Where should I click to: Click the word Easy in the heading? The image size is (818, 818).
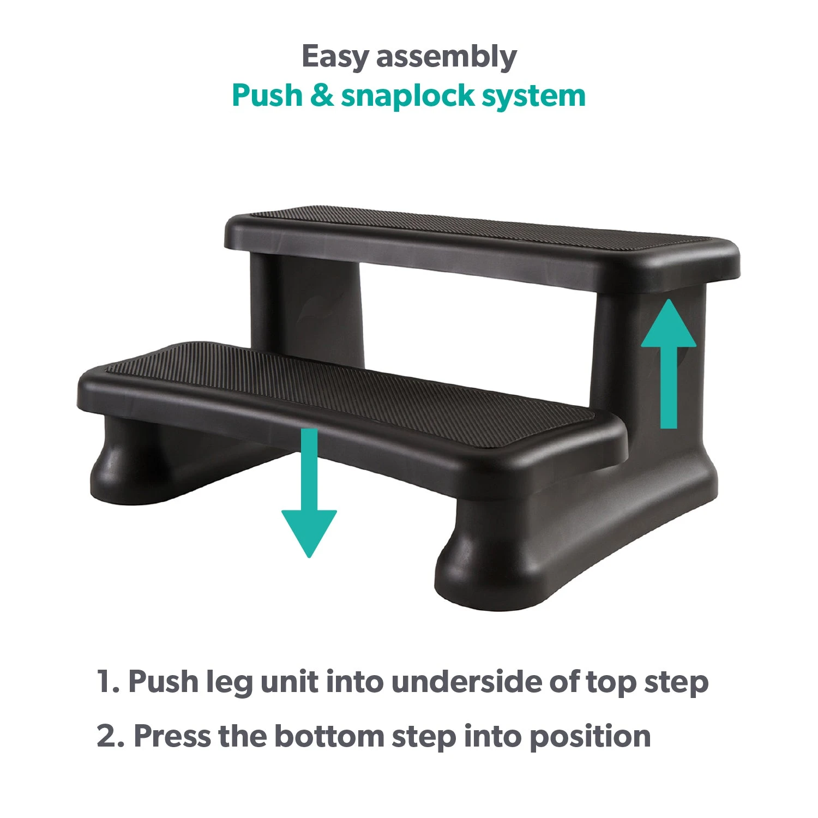click(334, 57)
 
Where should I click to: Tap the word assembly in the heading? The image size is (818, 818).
click(446, 57)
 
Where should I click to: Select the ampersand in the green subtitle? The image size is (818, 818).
click(322, 95)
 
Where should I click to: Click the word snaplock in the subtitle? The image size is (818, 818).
click(408, 97)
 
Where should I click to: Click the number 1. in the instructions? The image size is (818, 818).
click(107, 682)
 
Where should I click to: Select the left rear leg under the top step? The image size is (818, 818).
click(308, 311)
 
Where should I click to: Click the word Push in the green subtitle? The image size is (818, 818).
click(267, 95)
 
